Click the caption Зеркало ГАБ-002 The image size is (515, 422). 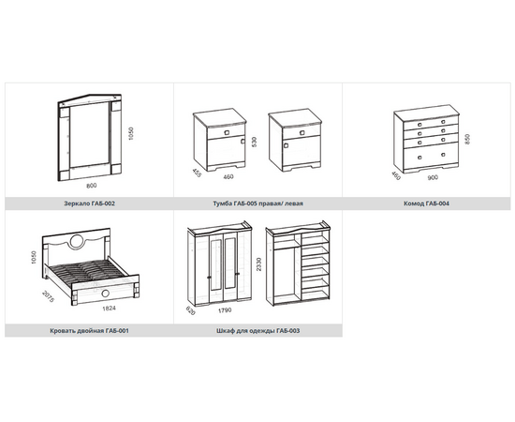tap(89, 203)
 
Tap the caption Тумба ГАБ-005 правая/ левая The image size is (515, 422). tap(257, 203)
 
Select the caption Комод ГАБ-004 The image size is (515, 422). tap(426, 203)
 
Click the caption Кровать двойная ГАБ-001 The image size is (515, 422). tap(89, 330)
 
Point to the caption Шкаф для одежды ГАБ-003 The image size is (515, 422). tap(257, 330)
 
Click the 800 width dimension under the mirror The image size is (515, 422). tap(92, 186)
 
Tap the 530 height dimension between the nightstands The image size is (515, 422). tap(254, 142)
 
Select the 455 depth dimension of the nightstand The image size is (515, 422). tap(196, 173)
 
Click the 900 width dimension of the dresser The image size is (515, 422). tap(433, 177)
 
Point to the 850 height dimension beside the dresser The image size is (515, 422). tap(467, 139)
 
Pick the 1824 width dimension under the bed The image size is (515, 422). tap(109, 309)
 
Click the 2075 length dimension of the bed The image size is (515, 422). tap(49, 296)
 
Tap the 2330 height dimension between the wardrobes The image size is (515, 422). tap(258, 264)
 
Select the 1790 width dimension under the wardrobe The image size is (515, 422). tap(225, 309)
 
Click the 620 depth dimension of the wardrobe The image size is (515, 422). tap(190, 310)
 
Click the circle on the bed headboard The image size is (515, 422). tap(77, 241)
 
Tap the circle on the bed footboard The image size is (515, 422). tap(106, 294)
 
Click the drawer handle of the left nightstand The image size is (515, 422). tap(227, 132)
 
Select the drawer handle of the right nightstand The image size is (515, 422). tap(302, 132)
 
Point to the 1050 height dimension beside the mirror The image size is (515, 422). tap(131, 133)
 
